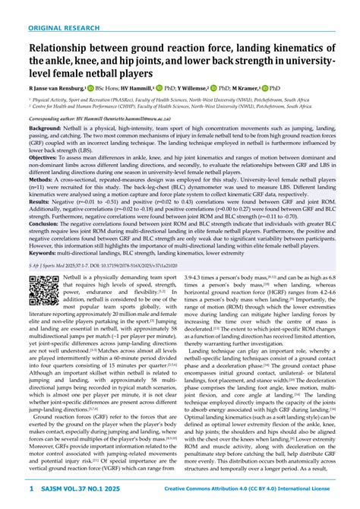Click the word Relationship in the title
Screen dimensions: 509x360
pyautogui.click(x=66, y=49)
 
